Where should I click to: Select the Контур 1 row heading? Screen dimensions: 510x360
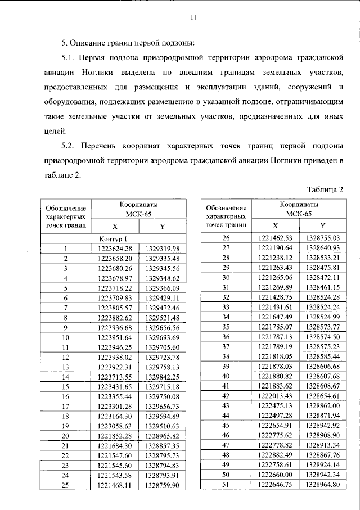point(115,238)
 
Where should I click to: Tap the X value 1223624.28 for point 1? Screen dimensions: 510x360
point(115,249)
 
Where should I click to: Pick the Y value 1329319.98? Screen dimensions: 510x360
point(162,249)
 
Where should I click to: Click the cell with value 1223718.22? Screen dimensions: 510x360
point(115,287)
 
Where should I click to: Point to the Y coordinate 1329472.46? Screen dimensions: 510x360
point(162,308)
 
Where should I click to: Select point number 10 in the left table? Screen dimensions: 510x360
point(66,337)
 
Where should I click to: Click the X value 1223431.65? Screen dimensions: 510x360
point(115,386)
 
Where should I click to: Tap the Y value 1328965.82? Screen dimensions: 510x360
point(162,435)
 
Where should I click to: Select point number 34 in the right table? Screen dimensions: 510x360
point(227,317)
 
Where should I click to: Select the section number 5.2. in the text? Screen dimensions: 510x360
point(70,146)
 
